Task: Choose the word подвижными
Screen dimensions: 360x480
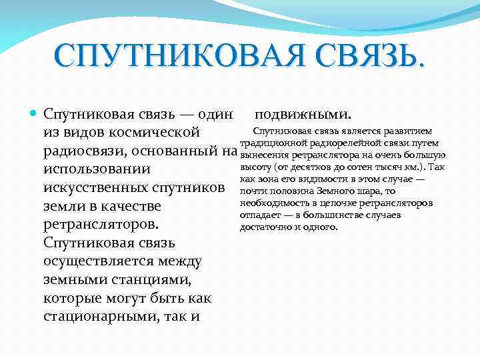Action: pyautogui.click(x=307, y=114)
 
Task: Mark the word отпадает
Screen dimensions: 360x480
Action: pyautogui.click(x=258, y=215)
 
